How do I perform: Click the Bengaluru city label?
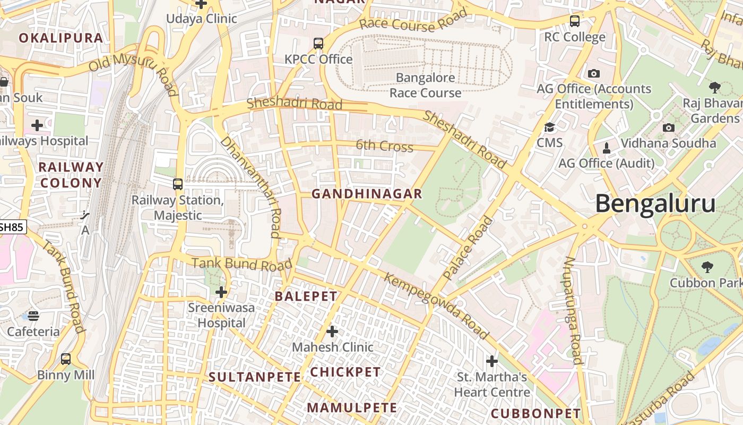tap(655, 204)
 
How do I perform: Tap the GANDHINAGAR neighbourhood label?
tap(367, 194)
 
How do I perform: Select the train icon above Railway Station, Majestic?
tap(178, 184)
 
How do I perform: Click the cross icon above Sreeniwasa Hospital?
tap(221, 292)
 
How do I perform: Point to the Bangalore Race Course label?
tap(425, 85)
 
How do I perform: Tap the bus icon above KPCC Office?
tap(318, 44)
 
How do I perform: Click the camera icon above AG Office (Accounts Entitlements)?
tap(594, 73)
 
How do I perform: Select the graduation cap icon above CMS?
tap(549, 127)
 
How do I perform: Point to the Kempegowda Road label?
tap(436, 306)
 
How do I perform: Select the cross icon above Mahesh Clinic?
tap(332, 332)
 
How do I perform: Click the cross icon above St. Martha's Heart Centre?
tap(492, 361)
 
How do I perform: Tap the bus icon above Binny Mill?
tap(66, 359)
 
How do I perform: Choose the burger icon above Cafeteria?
tap(33, 316)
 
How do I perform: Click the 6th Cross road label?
tap(384, 146)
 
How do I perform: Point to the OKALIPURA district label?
tap(61, 38)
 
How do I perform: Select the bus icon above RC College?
tap(575, 21)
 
